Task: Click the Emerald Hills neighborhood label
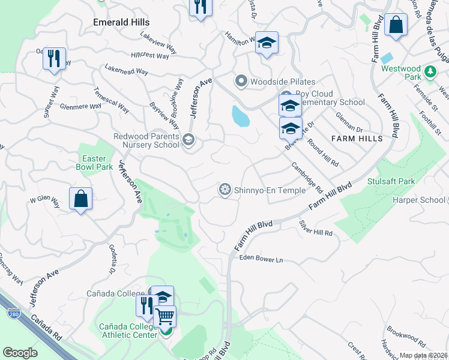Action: (x=121, y=22)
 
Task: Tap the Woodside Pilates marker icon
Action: (x=241, y=81)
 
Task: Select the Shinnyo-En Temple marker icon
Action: (x=225, y=190)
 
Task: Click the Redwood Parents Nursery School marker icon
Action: (x=188, y=140)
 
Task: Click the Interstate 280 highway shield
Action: (x=13, y=313)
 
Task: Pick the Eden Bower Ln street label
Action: (x=261, y=259)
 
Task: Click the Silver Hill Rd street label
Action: (x=316, y=228)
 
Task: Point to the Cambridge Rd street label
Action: (x=307, y=176)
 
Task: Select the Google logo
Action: (x=20, y=353)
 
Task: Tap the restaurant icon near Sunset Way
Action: (x=54, y=58)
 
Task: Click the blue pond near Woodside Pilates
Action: (x=240, y=116)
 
